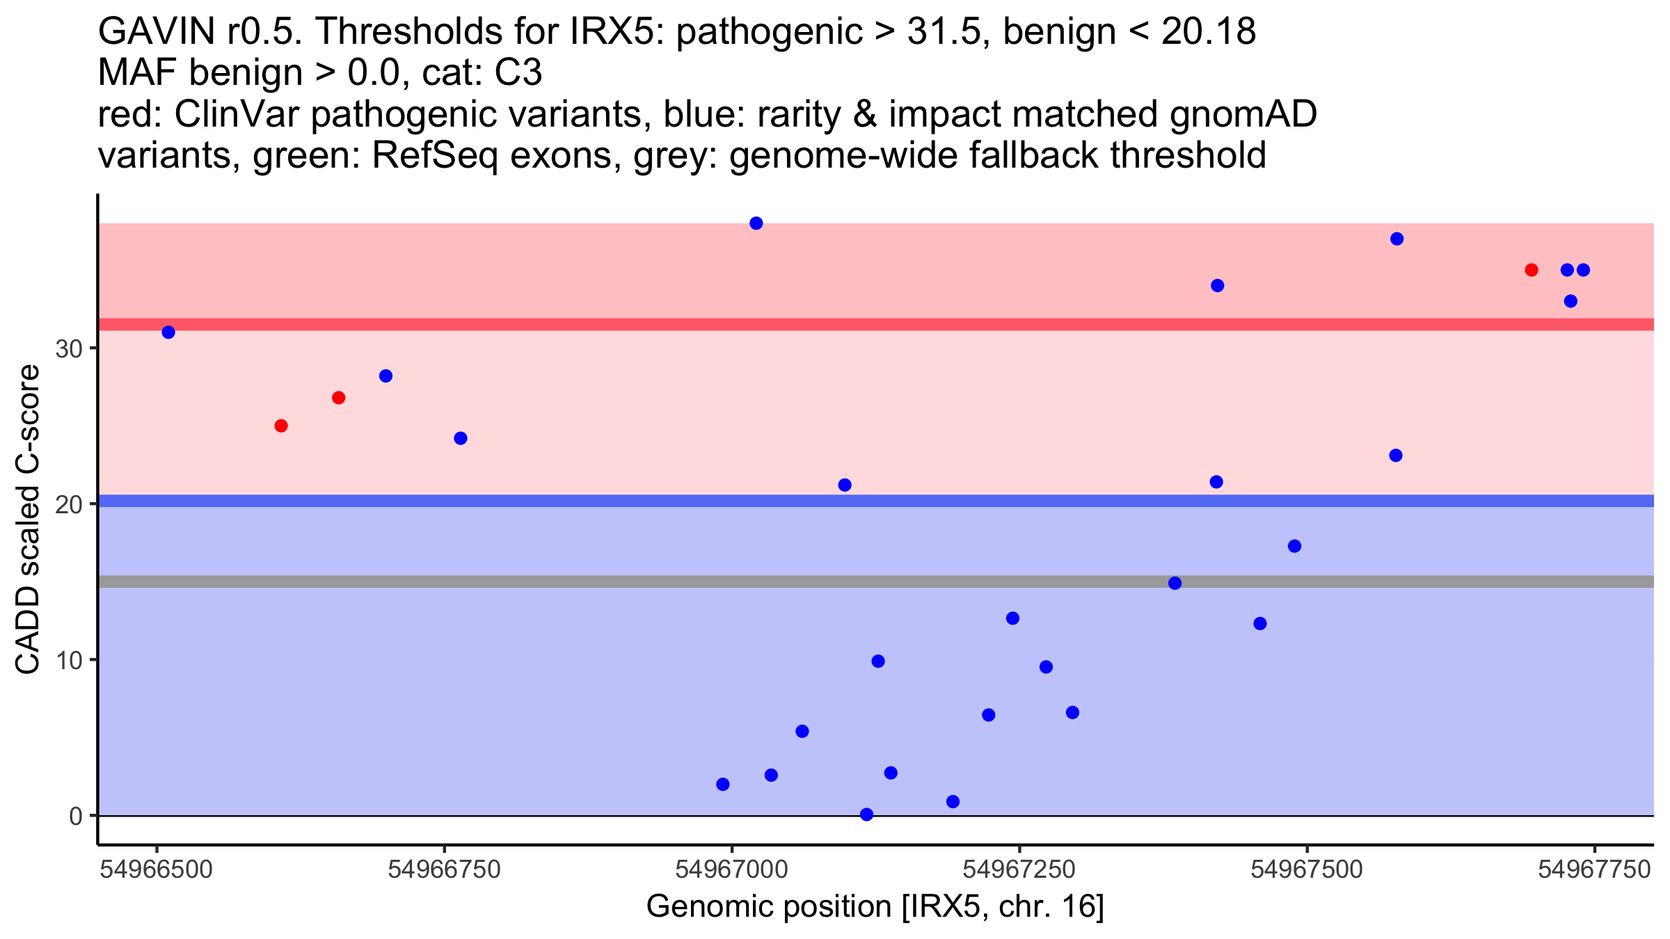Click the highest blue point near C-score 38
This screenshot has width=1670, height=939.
tap(756, 223)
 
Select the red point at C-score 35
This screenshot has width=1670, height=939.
tap(1532, 270)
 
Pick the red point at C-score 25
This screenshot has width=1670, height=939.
tap(281, 426)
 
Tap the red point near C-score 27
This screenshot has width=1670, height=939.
tap(339, 398)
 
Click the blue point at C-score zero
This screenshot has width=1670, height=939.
tap(866, 814)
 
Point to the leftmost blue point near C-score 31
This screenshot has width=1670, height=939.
tap(168, 332)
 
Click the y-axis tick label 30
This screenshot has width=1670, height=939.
tap(70, 349)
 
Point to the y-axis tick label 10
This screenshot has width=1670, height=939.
tap(70, 660)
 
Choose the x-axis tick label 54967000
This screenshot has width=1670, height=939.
tap(732, 869)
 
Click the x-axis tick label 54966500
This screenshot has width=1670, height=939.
tap(157, 869)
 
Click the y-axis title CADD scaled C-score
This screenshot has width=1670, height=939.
tap(28, 520)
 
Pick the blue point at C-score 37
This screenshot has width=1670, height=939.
tap(1397, 239)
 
